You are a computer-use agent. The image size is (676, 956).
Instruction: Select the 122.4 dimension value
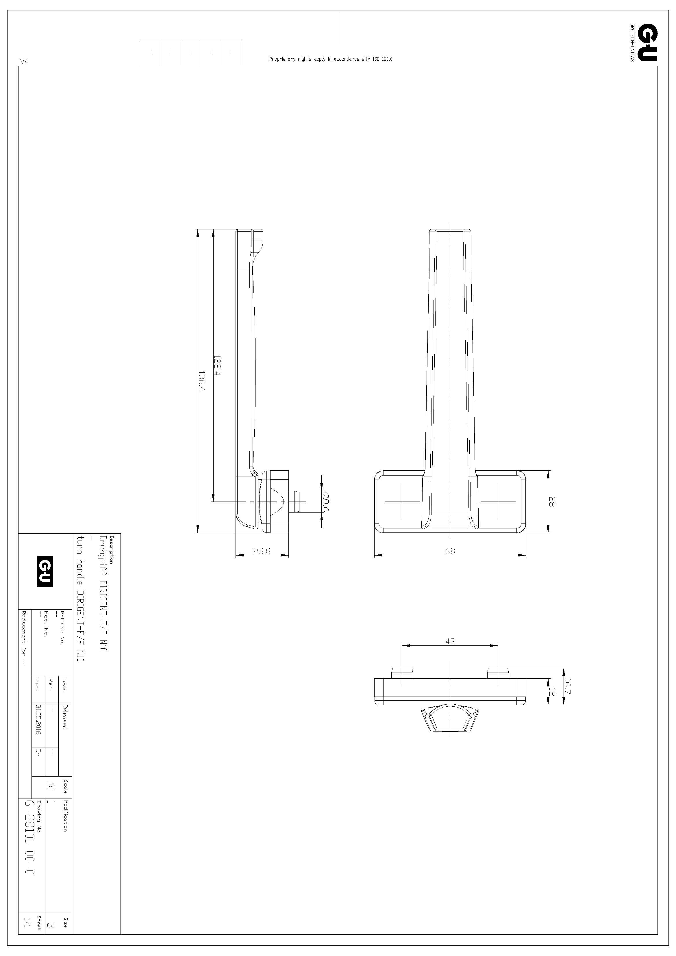[x=217, y=365]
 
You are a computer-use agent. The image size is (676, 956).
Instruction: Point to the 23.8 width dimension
[x=262, y=551]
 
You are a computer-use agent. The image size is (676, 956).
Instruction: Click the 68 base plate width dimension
[x=450, y=551]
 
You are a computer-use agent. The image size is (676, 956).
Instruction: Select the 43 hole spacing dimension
[x=450, y=642]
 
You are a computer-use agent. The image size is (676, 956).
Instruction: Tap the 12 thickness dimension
[x=552, y=692]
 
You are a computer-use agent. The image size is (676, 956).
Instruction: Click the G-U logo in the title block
[x=45, y=571]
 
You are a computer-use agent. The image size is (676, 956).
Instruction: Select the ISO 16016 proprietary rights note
[x=331, y=59]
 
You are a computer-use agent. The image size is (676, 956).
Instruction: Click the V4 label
[x=24, y=62]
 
